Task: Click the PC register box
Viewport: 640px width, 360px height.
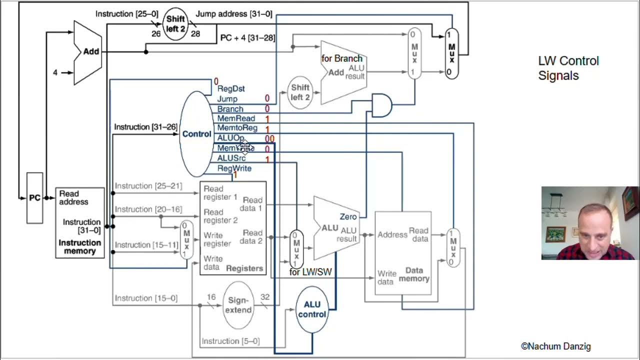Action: (34, 198)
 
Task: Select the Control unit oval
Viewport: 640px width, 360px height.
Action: (196, 134)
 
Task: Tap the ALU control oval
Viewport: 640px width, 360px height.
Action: (312, 309)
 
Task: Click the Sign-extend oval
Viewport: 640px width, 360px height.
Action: (238, 305)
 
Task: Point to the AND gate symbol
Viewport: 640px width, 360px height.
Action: (381, 105)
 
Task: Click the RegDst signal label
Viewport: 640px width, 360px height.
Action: (230, 88)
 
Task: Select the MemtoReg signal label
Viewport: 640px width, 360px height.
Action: (237, 128)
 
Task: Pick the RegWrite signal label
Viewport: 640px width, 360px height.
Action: (234, 168)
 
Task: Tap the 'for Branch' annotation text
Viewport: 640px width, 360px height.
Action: (341, 58)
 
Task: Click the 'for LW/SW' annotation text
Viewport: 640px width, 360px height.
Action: (310, 272)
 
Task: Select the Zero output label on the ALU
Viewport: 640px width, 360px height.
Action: (348, 216)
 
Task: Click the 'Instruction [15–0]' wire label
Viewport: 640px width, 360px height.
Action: (146, 298)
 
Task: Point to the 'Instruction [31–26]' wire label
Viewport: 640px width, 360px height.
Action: (145, 127)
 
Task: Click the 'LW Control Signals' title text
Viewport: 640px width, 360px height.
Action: (568, 68)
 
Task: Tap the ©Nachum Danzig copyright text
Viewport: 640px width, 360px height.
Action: (555, 346)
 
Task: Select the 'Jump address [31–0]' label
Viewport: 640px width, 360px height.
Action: (234, 14)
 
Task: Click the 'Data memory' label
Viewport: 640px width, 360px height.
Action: (413, 274)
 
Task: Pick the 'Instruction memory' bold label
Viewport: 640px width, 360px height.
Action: (80, 247)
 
